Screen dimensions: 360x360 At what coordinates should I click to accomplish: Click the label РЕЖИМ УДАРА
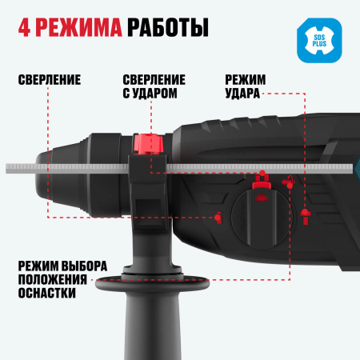[x=246, y=86]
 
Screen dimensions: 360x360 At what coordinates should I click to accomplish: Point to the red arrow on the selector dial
[x=258, y=187]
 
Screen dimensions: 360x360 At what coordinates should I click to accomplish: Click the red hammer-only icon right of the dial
[x=304, y=214]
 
